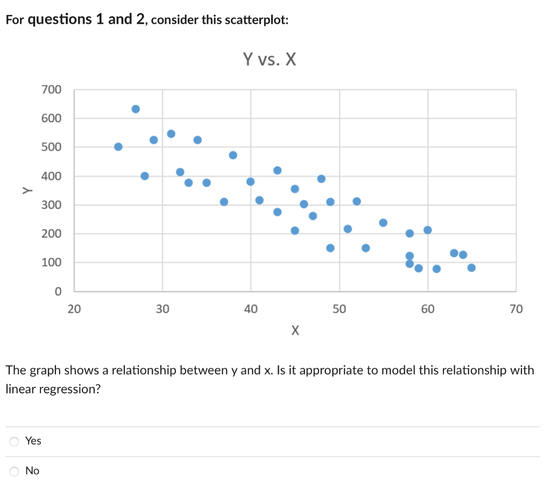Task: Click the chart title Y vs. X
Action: click(x=269, y=59)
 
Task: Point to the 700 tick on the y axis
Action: click(x=52, y=89)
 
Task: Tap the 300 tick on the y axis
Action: click(x=52, y=205)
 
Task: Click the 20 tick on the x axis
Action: click(x=74, y=309)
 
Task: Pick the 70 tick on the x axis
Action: click(x=515, y=309)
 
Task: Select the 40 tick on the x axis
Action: click(x=251, y=309)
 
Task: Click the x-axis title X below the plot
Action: click(x=294, y=330)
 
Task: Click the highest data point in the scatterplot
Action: click(x=136, y=109)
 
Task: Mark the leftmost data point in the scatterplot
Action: click(x=118, y=146)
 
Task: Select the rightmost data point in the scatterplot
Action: click(x=471, y=268)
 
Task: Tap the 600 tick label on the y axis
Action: click(x=52, y=118)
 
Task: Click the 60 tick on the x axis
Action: click(x=428, y=309)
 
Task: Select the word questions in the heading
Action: click(x=60, y=20)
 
